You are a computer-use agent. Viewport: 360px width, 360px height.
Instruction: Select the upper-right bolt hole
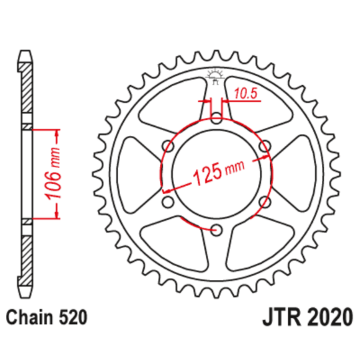(x=264, y=146)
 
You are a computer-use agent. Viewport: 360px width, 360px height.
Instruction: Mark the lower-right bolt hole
(x=264, y=203)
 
